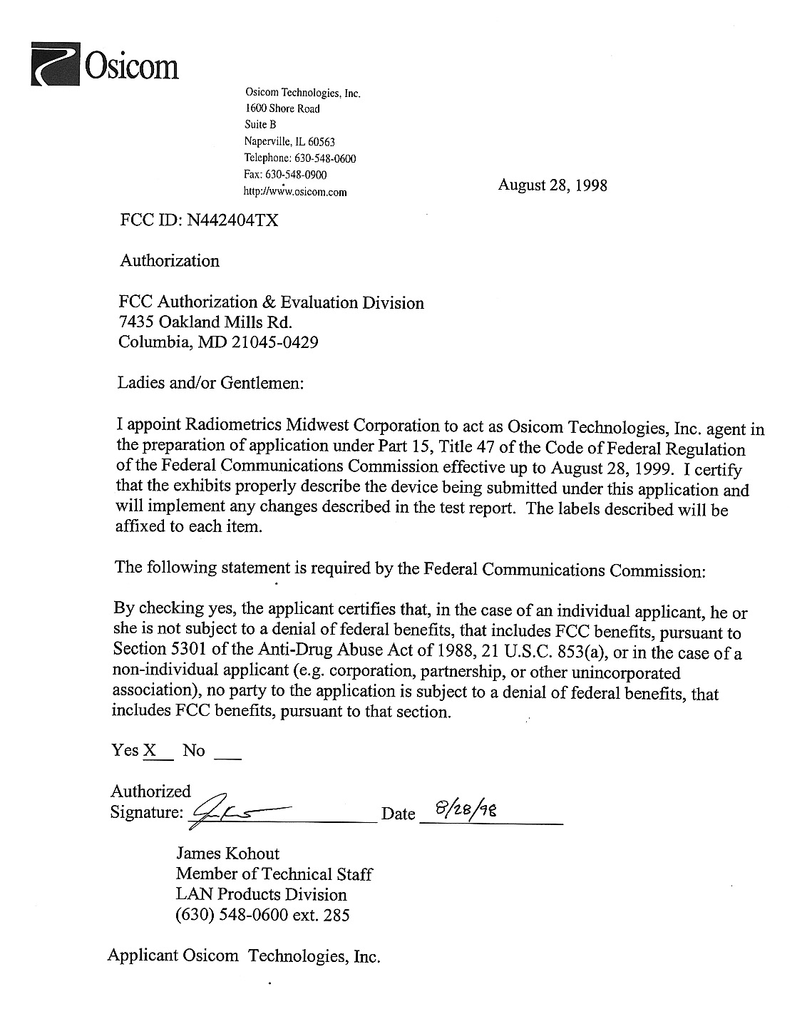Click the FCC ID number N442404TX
click(x=232, y=220)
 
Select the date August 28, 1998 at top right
click(x=553, y=185)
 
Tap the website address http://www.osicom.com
click(x=295, y=192)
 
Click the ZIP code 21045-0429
click(x=274, y=342)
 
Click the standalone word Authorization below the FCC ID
click(x=170, y=261)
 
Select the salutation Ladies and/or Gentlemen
click(x=211, y=383)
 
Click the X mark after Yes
click(x=150, y=750)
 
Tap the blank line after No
click(x=227, y=754)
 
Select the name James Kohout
click(x=227, y=854)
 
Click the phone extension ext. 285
click(x=325, y=915)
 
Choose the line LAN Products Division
click(x=261, y=894)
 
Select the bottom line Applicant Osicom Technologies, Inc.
click(x=244, y=956)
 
